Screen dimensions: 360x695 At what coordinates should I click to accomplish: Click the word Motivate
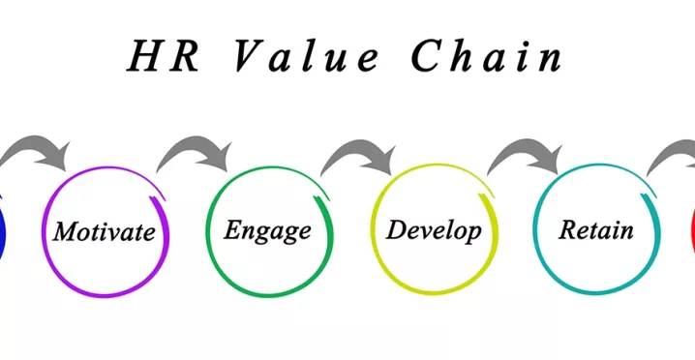click(x=105, y=232)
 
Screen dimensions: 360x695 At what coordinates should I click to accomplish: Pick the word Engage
click(x=267, y=230)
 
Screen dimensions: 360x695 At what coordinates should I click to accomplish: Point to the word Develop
click(x=433, y=230)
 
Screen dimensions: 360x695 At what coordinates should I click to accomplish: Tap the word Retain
click(x=596, y=230)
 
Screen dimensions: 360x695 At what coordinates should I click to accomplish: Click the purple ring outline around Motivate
click(x=106, y=293)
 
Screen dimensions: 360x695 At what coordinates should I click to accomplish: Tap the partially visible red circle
click(x=691, y=232)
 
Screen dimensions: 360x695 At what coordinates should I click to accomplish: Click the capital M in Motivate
click(x=65, y=232)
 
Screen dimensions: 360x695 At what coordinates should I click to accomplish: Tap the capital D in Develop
click(x=395, y=229)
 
